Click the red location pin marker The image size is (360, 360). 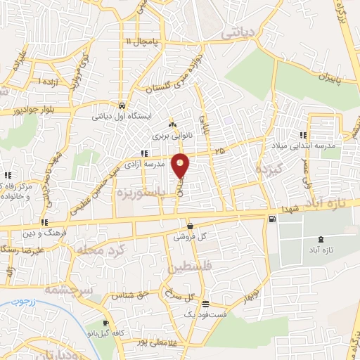click(x=181, y=165)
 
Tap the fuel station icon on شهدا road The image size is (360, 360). click(x=272, y=219)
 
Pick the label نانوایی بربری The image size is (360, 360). click(x=172, y=134)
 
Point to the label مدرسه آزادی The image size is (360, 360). click(x=164, y=163)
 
